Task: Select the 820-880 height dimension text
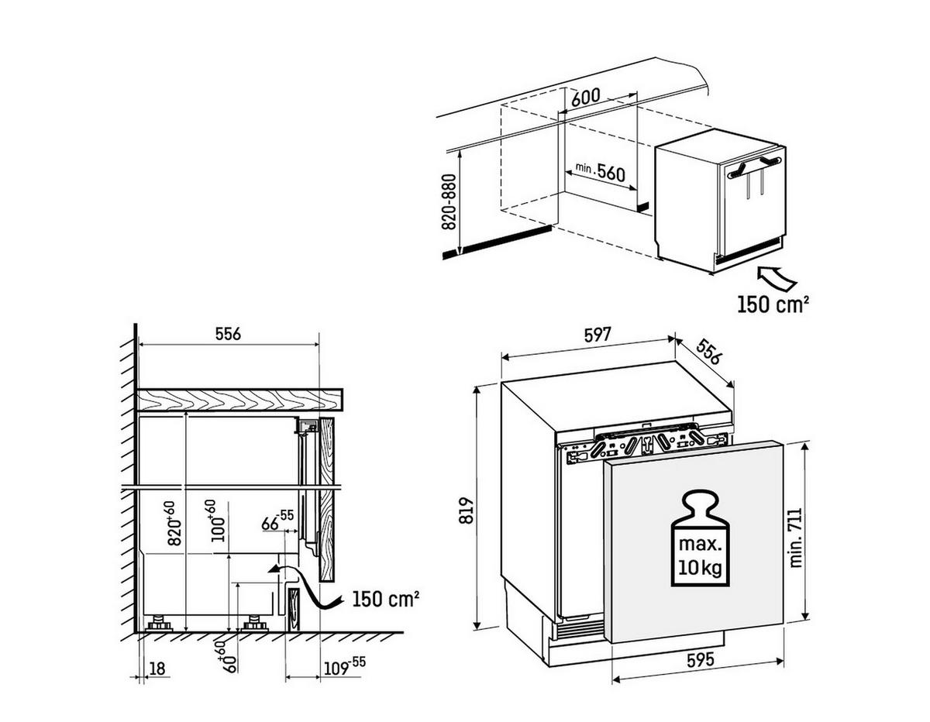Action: [x=448, y=202]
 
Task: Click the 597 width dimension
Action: [x=598, y=335]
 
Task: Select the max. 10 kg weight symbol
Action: [x=699, y=537]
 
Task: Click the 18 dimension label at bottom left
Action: [x=157, y=667]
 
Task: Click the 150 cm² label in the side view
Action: [x=385, y=599]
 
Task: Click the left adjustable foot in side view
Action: [x=160, y=624]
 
